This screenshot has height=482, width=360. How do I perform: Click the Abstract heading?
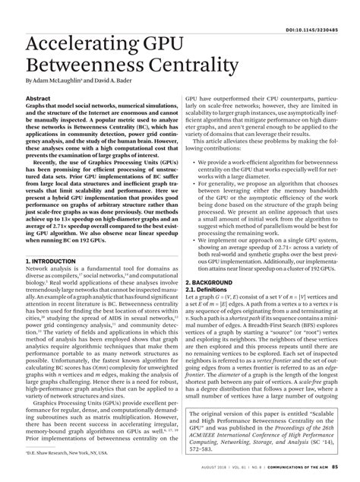coord(38,99)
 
